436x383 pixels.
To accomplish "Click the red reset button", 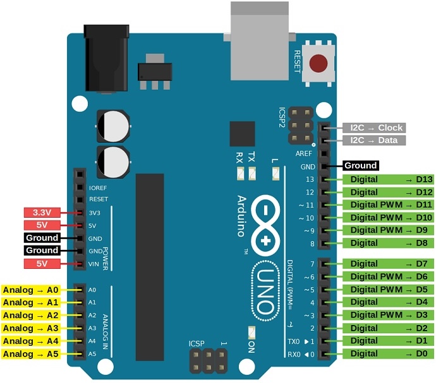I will pyautogui.click(x=320, y=64).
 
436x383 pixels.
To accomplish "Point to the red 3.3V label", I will pyautogui.click(x=41, y=212).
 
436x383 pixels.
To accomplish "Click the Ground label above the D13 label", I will pyautogui.click(x=360, y=166).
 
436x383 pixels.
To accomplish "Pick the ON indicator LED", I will pyautogui.click(x=251, y=333).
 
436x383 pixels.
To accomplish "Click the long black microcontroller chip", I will pyautogui.click(x=150, y=258).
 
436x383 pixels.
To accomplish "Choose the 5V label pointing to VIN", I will pyautogui.click(x=41, y=263).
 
